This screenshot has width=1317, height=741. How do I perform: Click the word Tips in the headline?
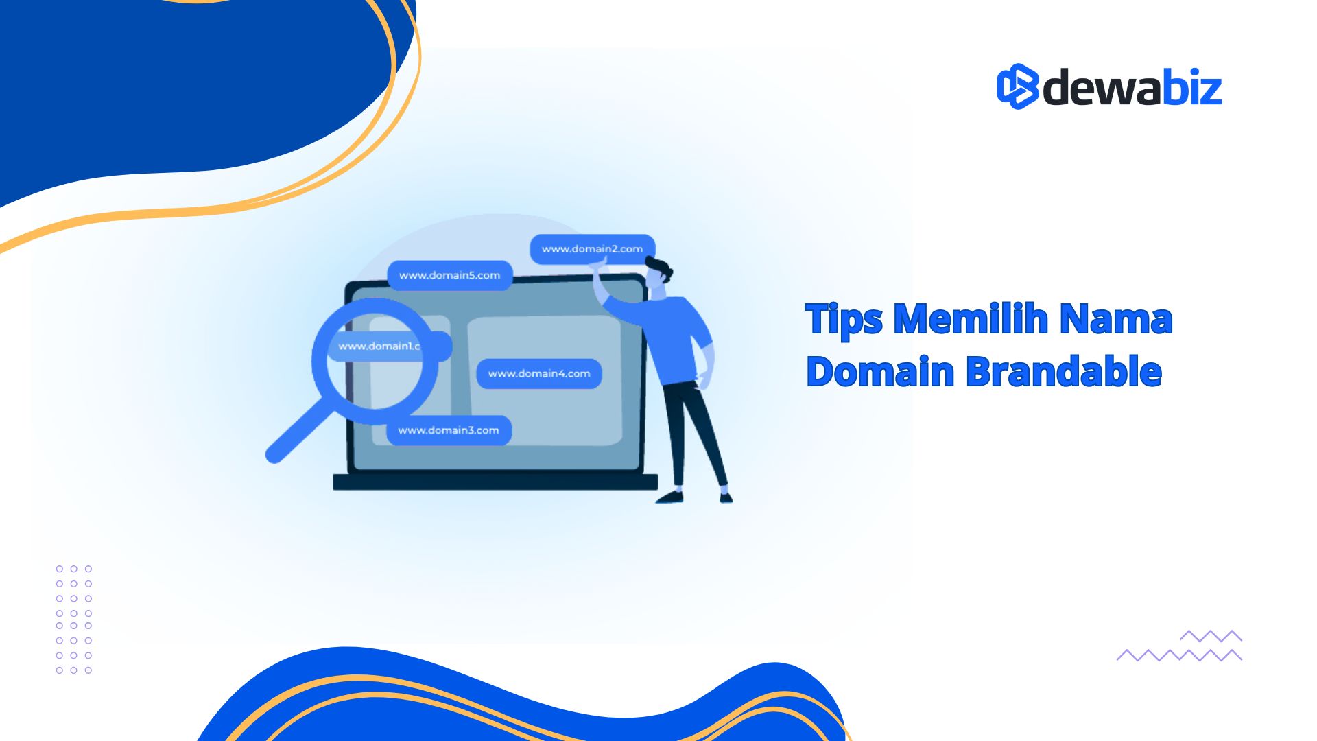844,319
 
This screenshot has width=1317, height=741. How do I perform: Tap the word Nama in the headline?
1116,319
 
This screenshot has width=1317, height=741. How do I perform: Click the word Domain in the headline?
881,371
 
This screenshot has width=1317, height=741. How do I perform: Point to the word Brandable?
1064,371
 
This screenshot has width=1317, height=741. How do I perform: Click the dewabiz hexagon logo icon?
1017,86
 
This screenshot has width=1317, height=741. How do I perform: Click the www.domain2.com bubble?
593,249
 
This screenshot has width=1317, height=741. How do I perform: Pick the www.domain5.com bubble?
450,275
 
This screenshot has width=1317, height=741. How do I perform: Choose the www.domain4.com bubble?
539,373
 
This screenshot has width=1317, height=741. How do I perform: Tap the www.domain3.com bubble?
449,430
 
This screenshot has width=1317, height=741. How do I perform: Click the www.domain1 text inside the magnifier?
379,346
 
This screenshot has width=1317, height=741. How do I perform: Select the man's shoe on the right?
726,497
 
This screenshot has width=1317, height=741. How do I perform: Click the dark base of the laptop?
495,482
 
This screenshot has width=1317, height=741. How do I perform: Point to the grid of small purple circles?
74,620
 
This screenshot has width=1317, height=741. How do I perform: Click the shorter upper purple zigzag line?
1211,636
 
